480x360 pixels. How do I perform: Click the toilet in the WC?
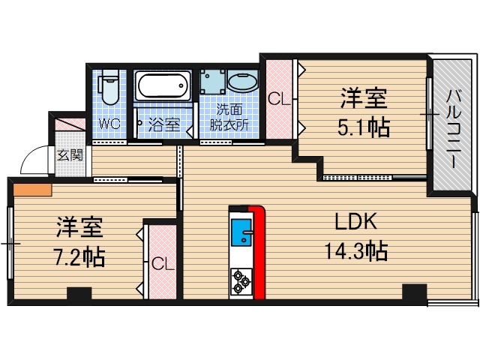tap(109, 87)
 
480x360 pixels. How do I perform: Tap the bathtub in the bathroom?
tap(163, 85)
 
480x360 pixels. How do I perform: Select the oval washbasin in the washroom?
tap(243, 81)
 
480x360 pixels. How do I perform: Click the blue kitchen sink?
tap(241, 232)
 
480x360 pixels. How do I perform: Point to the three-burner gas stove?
tap(241, 281)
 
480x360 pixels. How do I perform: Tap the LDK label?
tap(355, 221)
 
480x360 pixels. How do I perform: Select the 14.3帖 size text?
tap(356, 251)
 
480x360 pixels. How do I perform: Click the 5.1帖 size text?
tap(364, 127)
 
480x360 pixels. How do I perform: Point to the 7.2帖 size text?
tap(79, 257)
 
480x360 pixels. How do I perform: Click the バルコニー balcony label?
tap(453, 128)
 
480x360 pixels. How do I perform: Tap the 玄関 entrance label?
tap(70, 155)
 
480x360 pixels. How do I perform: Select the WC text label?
tap(109, 124)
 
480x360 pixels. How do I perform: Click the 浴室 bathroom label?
tap(163, 125)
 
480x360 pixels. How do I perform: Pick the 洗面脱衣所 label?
tap(229, 117)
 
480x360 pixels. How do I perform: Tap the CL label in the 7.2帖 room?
tap(163, 264)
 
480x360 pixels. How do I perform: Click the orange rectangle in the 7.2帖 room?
tap(32, 190)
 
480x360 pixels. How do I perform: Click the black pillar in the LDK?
tap(414, 292)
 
